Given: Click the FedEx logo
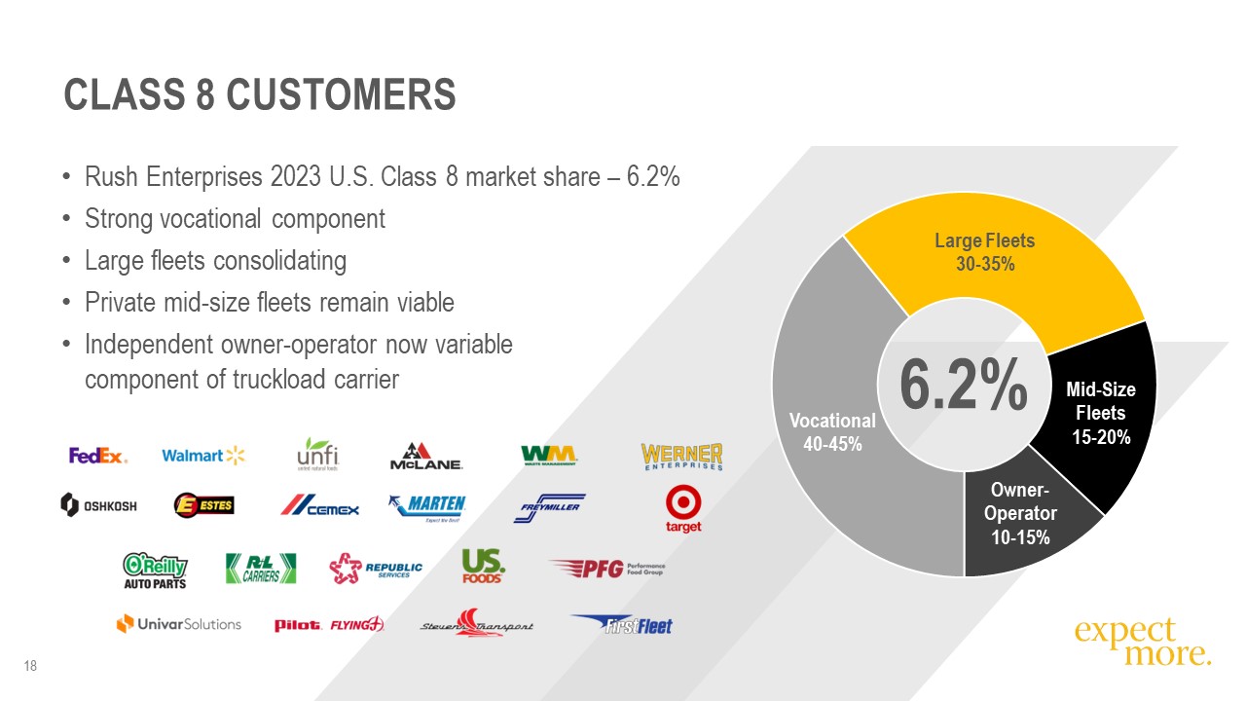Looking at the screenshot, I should coord(97,456).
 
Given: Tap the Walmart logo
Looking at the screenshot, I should coord(204,456).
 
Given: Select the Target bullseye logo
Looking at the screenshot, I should coord(682,510).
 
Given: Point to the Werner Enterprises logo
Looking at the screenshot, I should coord(681,457).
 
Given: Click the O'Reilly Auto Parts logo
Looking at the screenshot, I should coord(155,571).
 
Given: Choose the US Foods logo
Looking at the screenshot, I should coord(483,566).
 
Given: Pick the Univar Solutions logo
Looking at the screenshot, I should coord(178,624).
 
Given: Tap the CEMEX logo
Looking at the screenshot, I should coord(320,506).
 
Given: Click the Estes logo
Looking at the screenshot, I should coord(203,505).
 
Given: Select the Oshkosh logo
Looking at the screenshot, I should coord(98,504).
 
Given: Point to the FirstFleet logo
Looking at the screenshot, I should coord(622,624).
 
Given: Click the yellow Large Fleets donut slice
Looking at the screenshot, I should coord(993,263).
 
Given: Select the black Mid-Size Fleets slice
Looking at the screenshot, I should coord(1100,414).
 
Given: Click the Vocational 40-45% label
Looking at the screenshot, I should coord(832,431).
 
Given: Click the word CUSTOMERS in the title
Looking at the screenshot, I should coord(341,95).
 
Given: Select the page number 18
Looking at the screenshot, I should coord(30,666).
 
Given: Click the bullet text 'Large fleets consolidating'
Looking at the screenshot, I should coord(215,261).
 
